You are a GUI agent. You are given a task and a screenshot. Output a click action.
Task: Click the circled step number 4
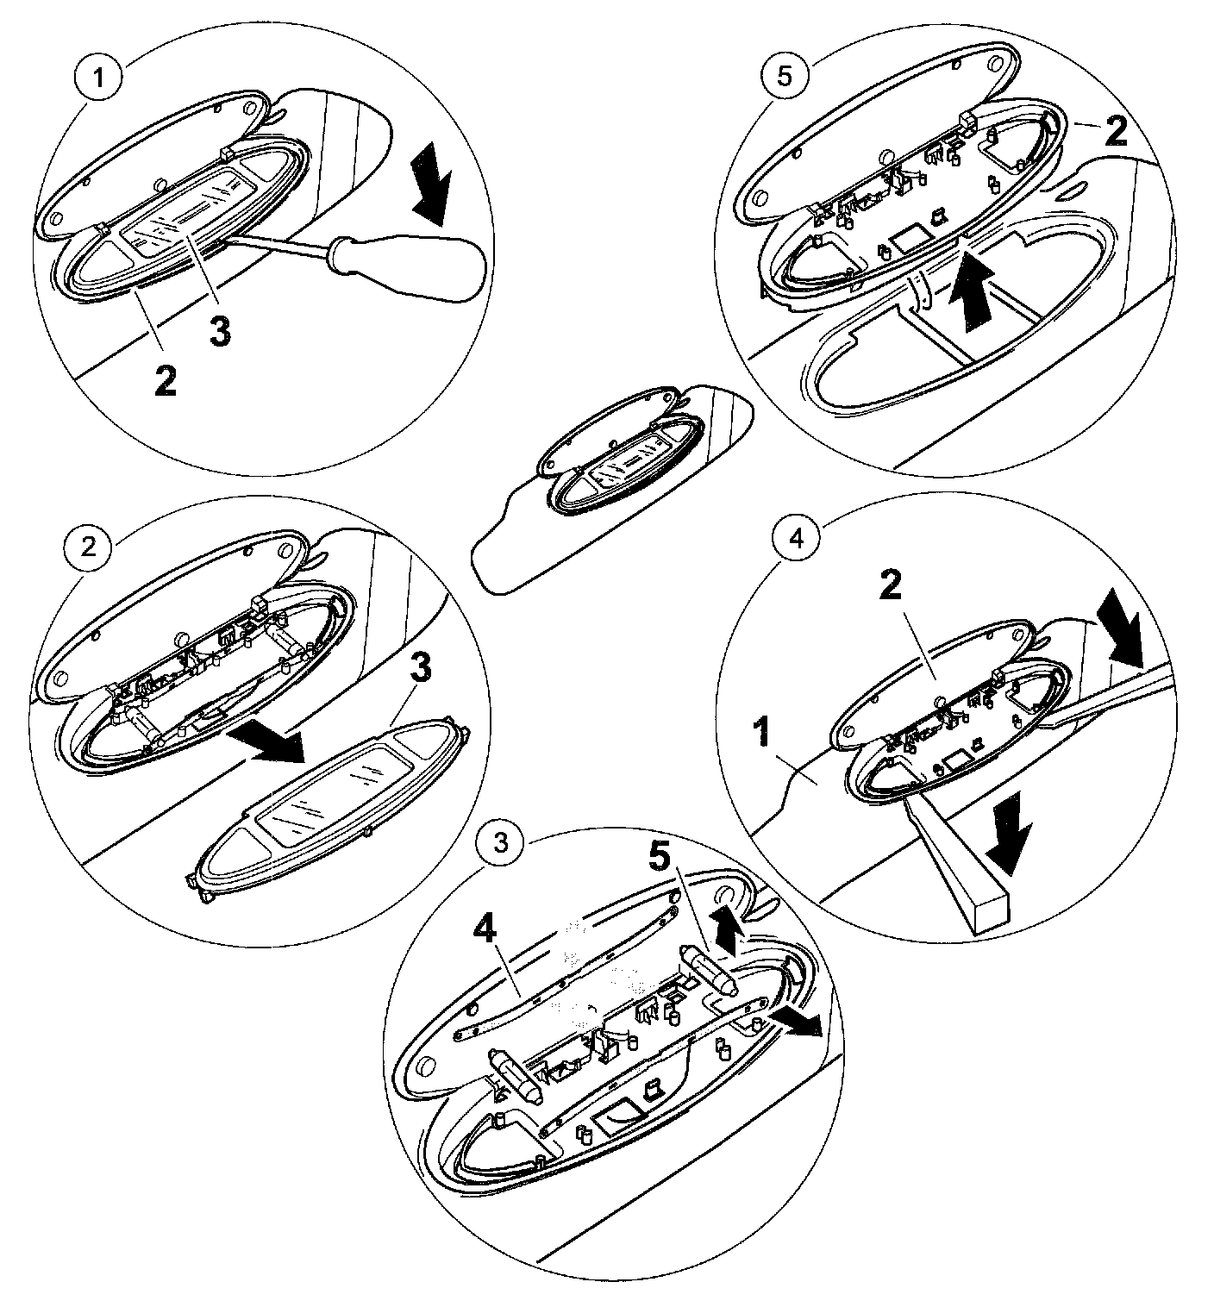click(796, 538)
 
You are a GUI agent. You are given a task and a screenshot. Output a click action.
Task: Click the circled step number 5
click(783, 75)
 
